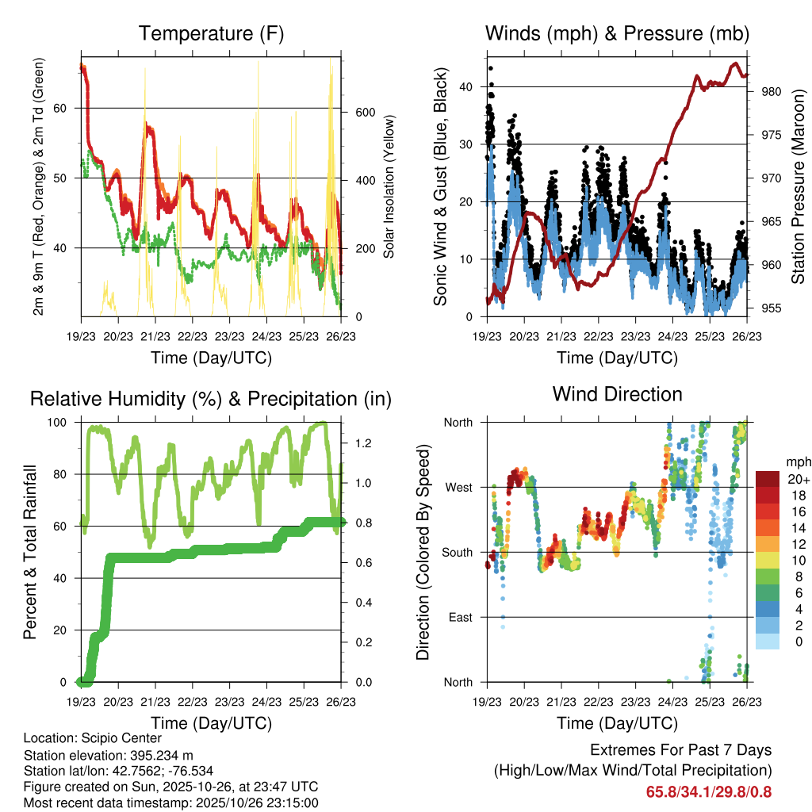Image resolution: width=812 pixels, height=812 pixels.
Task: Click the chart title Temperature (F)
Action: tap(211, 33)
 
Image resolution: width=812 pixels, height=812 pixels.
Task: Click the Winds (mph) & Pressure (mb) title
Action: tap(617, 33)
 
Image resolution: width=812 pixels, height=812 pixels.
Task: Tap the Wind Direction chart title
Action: tap(617, 393)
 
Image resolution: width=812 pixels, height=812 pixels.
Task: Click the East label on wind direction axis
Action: tap(459, 617)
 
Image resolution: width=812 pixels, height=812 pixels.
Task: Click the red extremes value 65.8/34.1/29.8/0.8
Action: tap(709, 791)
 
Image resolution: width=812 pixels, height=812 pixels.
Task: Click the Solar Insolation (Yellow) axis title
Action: tap(389, 186)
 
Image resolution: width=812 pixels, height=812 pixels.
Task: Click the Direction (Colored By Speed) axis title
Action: tap(423, 552)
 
